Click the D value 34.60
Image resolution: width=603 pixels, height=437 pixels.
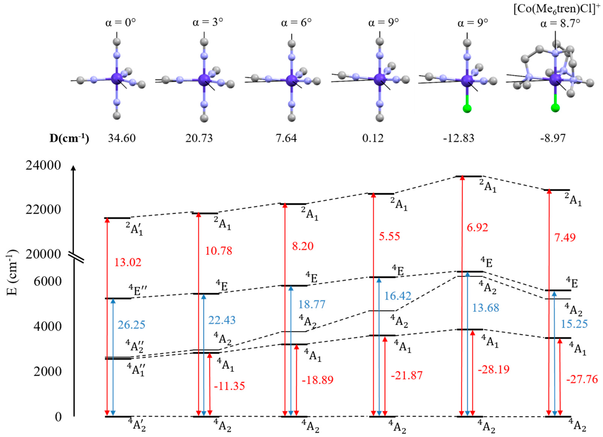pos(122,138)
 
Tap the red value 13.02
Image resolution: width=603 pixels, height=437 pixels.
pos(128,262)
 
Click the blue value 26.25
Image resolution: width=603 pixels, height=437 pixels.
pos(131,325)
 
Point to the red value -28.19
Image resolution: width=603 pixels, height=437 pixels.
pos(493,370)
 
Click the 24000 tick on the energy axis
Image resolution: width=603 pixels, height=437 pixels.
pos(43,165)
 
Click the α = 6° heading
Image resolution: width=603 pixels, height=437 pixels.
pos(296,23)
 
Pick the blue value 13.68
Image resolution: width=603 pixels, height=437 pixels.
pos(485,308)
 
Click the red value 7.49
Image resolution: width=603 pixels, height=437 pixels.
pos(565,237)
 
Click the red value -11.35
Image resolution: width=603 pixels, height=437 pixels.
pos(229,386)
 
